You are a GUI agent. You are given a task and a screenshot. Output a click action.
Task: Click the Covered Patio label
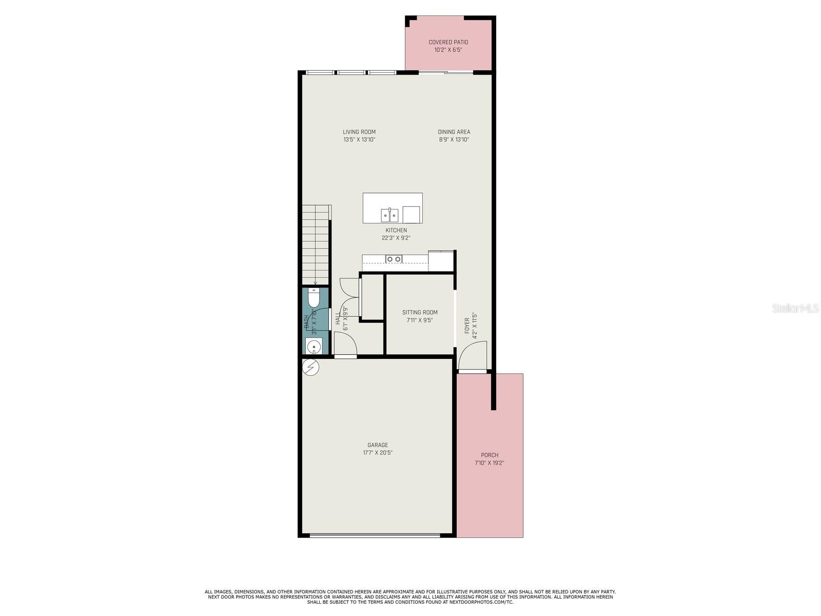[x=448, y=42]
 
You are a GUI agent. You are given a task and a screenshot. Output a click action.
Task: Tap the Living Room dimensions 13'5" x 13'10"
[x=359, y=140]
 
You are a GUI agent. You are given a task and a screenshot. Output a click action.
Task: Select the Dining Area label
[x=454, y=132]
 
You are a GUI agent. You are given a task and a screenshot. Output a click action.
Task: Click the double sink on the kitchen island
[x=389, y=214]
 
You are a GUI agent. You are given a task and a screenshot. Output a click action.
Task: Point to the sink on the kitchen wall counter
[x=394, y=259]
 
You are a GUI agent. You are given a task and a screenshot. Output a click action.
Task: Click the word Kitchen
[x=396, y=230]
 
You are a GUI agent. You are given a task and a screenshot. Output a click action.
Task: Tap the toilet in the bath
[x=314, y=297]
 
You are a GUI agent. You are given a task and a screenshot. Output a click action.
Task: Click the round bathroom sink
[x=314, y=347]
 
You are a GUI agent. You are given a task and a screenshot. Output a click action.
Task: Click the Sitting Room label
[x=420, y=312]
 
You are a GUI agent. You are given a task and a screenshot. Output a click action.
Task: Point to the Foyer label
[x=467, y=325]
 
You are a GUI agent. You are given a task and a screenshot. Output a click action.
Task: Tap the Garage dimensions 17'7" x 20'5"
[x=378, y=453]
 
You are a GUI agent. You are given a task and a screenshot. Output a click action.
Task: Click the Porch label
[x=490, y=455]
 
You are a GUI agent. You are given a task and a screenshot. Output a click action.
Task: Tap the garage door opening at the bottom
[x=375, y=535]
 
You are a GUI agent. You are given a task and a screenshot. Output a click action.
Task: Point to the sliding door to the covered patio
[x=445, y=72]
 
